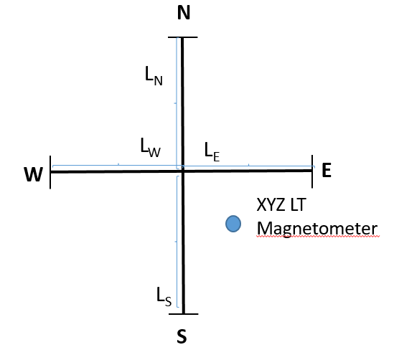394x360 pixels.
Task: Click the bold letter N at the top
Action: pyautogui.click(x=184, y=13)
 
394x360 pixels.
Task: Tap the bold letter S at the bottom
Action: pyautogui.click(x=182, y=336)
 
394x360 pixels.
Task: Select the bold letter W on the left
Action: pyautogui.click(x=33, y=174)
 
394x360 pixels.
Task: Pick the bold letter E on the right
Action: pyautogui.click(x=327, y=170)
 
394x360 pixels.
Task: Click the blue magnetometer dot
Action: pyautogui.click(x=233, y=224)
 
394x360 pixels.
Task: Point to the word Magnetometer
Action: pyautogui.click(x=317, y=229)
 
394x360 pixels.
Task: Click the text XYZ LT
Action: pyautogui.click(x=281, y=204)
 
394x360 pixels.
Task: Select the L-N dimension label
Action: pyautogui.click(x=154, y=76)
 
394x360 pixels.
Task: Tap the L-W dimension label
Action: pyautogui.click(x=150, y=147)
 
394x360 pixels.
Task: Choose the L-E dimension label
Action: pyautogui.click(x=212, y=152)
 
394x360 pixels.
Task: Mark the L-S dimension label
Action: pyautogui.click(x=164, y=297)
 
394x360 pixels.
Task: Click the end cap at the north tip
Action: pyautogui.click(x=183, y=37)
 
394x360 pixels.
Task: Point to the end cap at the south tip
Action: pyautogui.click(x=184, y=314)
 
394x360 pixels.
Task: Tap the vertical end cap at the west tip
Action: pyautogui.click(x=50, y=172)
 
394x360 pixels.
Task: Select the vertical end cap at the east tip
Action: pyautogui.click(x=312, y=171)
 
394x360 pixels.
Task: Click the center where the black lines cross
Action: pyautogui.click(x=183, y=171)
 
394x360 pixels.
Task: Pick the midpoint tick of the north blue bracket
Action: pyautogui.click(x=175, y=103)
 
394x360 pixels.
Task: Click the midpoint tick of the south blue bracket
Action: pyautogui.click(x=176, y=242)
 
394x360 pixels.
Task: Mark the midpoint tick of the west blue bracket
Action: pyautogui.click(x=118, y=164)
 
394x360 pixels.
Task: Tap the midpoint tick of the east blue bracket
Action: pyautogui.click(x=249, y=165)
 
